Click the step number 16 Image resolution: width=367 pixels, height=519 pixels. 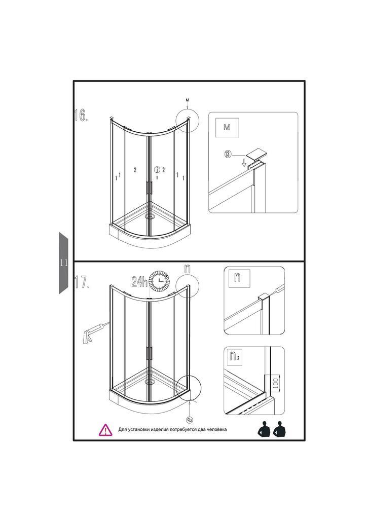click(x=81, y=115)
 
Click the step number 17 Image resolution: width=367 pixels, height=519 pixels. click(x=82, y=282)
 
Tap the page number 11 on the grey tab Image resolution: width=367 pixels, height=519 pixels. click(x=64, y=263)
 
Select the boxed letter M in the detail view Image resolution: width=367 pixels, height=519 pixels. click(x=227, y=127)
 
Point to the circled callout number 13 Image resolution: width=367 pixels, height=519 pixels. click(x=228, y=154)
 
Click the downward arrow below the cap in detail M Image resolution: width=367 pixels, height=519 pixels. click(x=244, y=163)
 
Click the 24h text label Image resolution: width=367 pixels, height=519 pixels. click(x=139, y=281)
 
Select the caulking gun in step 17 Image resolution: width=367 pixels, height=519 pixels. click(x=95, y=332)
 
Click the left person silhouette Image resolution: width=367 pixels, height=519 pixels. click(x=265, y=430)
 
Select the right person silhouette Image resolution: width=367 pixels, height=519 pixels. click(x=280, y=430)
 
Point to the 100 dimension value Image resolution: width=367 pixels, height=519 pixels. click(x=276, y=383)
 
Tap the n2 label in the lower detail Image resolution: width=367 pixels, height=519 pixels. click(x=235, y=356)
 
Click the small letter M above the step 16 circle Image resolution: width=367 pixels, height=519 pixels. click(x=188, y=100)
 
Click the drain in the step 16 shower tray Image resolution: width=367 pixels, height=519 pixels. click(x=151, y=217)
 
